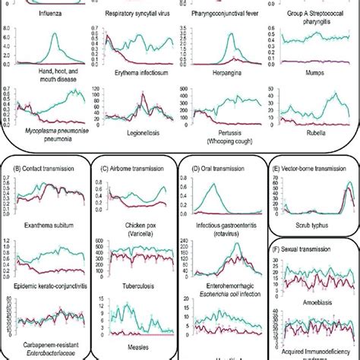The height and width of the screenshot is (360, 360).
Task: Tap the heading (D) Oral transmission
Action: [219, 166]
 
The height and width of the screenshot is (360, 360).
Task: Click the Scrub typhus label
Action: [313, 226]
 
